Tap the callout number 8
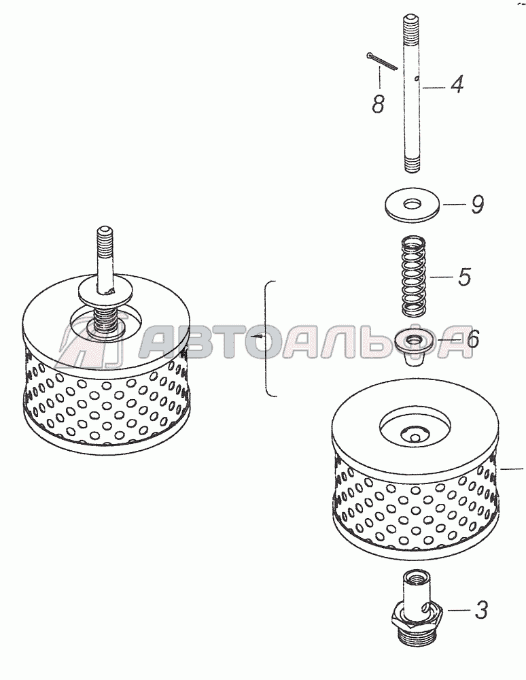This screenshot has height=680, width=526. [378, 104]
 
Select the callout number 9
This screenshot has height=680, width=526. [477, 204]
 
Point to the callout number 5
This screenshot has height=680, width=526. [464, 277]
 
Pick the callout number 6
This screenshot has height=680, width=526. [471, 338]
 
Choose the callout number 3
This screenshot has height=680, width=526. [480, 609]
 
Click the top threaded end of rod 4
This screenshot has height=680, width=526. [410, 28]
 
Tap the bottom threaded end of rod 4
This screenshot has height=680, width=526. [413, 165]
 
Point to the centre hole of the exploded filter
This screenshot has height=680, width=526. [415, 435]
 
